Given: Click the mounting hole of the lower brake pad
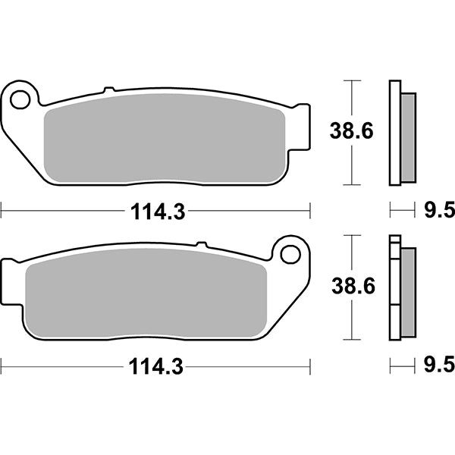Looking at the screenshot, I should pos(289,253).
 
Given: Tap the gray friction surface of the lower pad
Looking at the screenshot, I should pos(148,292).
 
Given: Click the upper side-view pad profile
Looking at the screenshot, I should pos(402,133).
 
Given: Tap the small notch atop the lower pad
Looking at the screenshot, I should pos(201,245).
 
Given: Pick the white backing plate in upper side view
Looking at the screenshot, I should pos(394,133).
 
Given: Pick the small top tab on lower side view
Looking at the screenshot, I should pos(394,240).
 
